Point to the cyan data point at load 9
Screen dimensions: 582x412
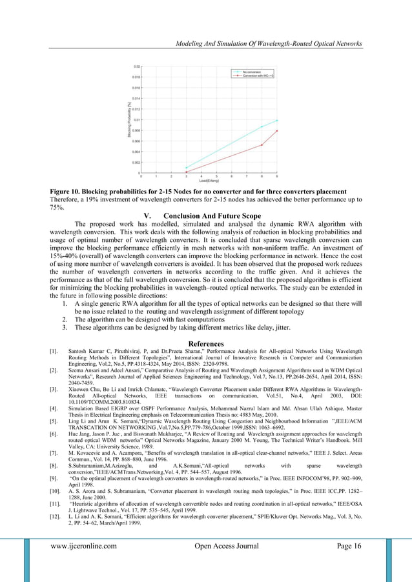pyautogui.click(x=277, y=121)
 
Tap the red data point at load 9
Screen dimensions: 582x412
pyautogui.click(x=277, y=131)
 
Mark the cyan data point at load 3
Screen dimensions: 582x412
pyautogui.click(x=186, y=168)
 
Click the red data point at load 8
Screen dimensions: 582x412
pyautogui.click(x=262, y=145)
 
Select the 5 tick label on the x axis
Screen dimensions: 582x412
pyautogui.click(x=216, y=176)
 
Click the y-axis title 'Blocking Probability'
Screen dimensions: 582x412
pyautogui.click(x=129, y=119)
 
